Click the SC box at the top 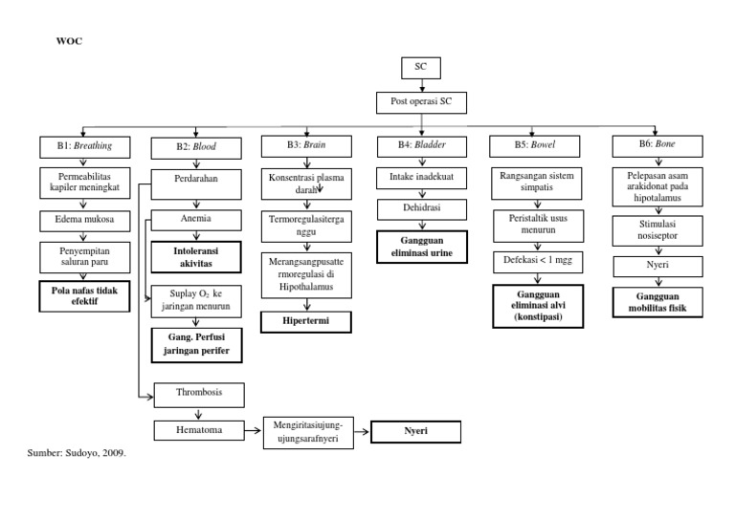(x=421, y=69)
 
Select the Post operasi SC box (x=420, y=102)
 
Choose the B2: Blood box (x=195, y=147)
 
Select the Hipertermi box (x=304, y=321)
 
